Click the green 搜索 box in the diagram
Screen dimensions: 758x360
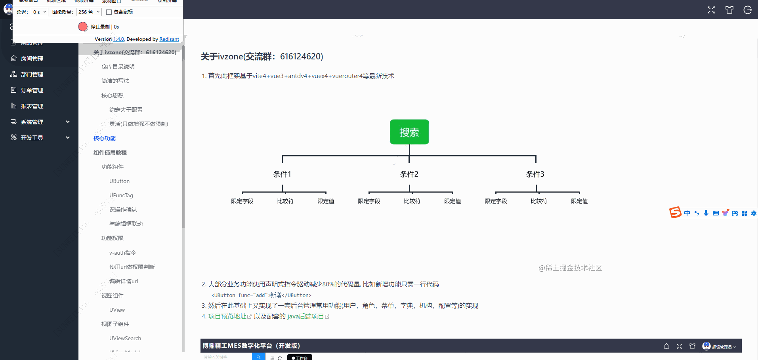[x=409, y=132]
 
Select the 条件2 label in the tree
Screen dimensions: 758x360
[x=409, y=174]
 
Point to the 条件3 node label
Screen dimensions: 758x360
[x=535, y=174]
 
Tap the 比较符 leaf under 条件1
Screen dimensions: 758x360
[x=285, y=201]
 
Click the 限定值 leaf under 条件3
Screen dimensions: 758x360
[x=579, y=201]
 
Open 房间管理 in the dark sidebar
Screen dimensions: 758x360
[x=32, y=59]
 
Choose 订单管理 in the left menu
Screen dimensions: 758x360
[x=32, y=90]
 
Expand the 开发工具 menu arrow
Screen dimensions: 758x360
[x=68, y=138]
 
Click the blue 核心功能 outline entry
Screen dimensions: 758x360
[x=105, y=138]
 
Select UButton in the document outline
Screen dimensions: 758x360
[x=119, y=181]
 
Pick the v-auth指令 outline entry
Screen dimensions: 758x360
[x=122, y=253]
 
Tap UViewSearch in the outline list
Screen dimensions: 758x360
[x=125, y=338]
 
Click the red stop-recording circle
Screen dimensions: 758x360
[x=83, y=27]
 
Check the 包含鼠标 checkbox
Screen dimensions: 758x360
[x=109, y=12]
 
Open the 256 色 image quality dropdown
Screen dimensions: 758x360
[x=89, y=12]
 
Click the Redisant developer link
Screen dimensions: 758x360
[x=169, y=39]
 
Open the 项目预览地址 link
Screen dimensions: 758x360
[x=227, y=316]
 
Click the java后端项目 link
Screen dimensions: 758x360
[x=305, y=316]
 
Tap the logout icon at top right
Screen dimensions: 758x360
[x=748, y=10]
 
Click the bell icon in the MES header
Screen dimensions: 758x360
[x=666, y=346]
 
